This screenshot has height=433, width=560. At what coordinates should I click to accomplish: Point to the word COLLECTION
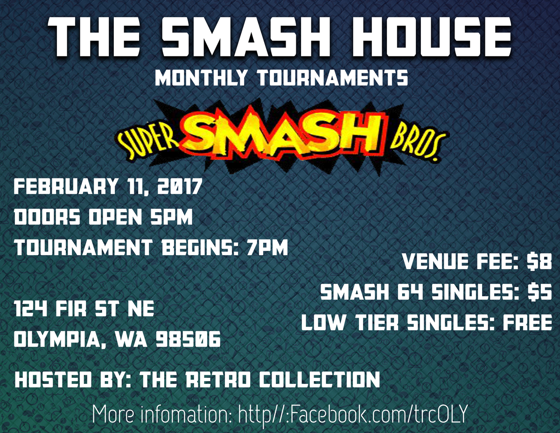pyautogui.click(x=319, y=380)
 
